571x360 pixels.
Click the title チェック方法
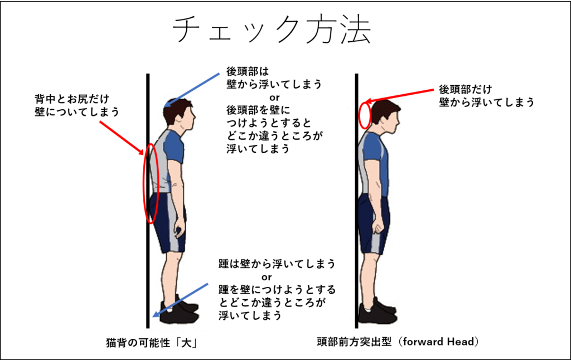[x=271, y=30]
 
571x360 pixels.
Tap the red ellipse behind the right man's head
[x=365, y=114]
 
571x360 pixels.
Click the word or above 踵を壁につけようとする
[x=267, y=276]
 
